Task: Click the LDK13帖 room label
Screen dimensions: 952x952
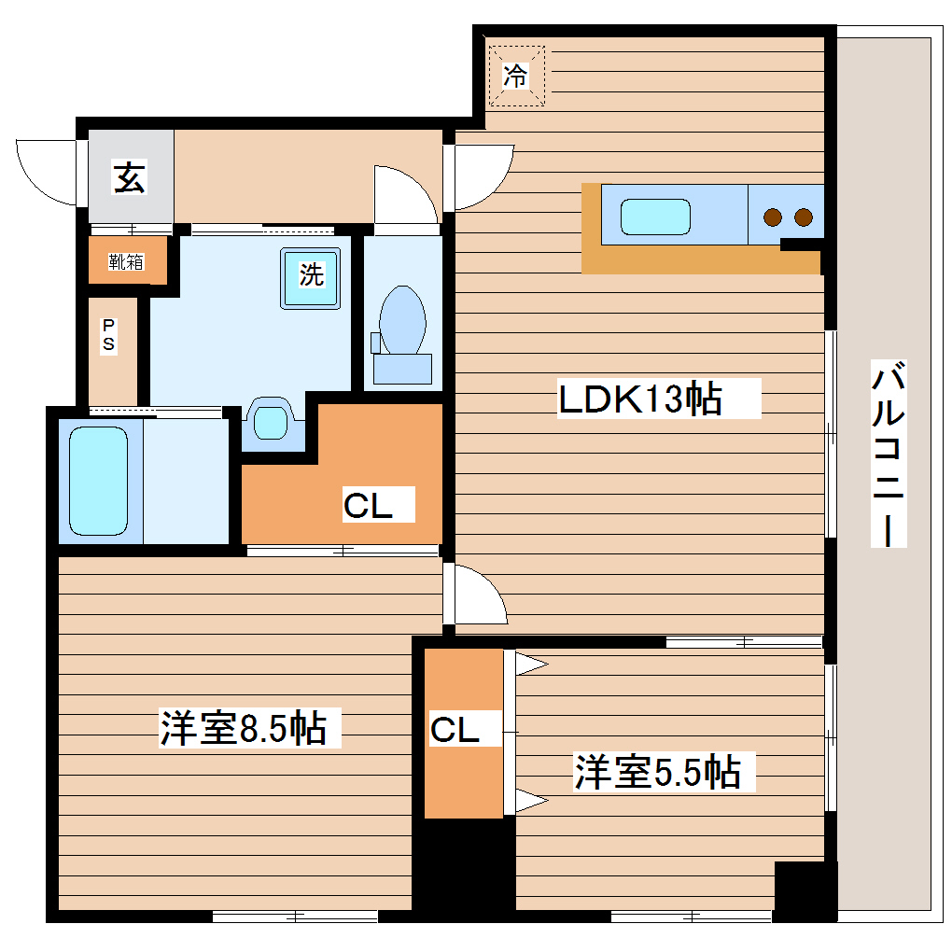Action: [x=639, y=399]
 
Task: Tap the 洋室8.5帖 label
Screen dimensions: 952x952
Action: [x=243, y=728]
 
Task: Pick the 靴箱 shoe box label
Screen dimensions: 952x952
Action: [x=127, y=261]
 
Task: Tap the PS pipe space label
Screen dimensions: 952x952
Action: [x=109, y=335]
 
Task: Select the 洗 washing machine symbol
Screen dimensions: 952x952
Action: [x=311, y=275]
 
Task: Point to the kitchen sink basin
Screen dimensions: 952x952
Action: [x=655, y=217]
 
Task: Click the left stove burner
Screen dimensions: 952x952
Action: [x=772, y=217]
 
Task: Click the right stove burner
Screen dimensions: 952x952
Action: [x=803, y=217]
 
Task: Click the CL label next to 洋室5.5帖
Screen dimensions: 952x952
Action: [x=455, y=730]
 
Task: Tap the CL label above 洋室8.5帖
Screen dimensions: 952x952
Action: [x=367, y=506]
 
